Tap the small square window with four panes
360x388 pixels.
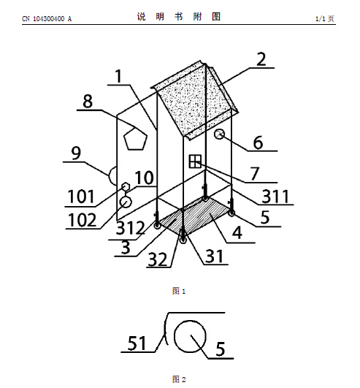click(x=195, y=161)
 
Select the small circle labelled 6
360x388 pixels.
click(x=219, y=134)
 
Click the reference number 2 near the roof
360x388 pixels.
click(x=261, y=59)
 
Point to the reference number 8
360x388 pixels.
click(x=88, y=102)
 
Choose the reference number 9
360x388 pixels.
click(x=76, y=153)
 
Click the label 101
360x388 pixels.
click(x=81, y=197)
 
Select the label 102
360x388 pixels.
click(x=82, y=220)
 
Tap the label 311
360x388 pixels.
click(x=275, y=197)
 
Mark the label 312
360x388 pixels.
click(x=130, y=228)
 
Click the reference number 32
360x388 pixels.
click(x=158, y=260)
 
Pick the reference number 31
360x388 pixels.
click(x=214, y=256)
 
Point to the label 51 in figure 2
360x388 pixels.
click(x=137, y=343)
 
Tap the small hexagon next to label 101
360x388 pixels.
click(x=126, y=186)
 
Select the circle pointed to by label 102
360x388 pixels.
click(x=126, y=202)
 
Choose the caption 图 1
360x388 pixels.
click(x=179, y=291)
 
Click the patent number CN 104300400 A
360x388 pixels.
click(x=47, y=19)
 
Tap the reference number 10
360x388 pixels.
click(x=144, y=178)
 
